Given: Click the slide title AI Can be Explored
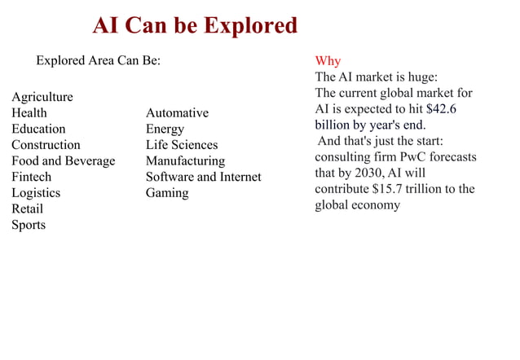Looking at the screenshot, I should click(x=195, y=25).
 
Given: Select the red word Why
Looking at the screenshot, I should click(x=328, y=61).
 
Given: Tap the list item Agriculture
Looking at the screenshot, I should click(x=42, y=97).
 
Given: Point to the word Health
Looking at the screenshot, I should click(x=29, y=112).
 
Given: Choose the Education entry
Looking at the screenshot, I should click(x=38, y=129).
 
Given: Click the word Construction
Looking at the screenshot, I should click(x=46, y=145).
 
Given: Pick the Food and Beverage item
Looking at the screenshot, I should click(x=63, y=160).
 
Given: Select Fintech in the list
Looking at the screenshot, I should click(x=31, y=177).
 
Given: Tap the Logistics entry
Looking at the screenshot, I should click(x=36, y=193).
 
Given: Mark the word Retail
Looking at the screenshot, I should click(x=27, y=209).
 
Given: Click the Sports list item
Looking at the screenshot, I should click(x=29, y=225).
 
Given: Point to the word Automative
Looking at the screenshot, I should click(x=177, y=112).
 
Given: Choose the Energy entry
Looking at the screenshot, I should click(x=165, y=129).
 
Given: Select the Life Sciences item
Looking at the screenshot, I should click(x=182, y=145).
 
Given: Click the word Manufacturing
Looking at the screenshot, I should click(x=185, y=160).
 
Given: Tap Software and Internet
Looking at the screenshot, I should click(x=204, y=177).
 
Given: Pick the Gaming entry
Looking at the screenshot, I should click(x=167, y=193).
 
